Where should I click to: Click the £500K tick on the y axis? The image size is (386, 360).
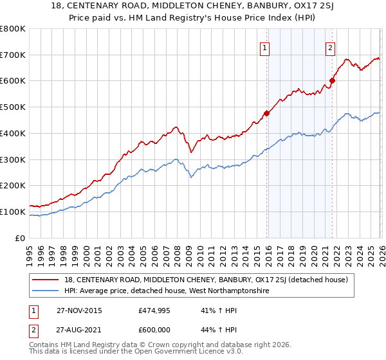[x=13, y=107]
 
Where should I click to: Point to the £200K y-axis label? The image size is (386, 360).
[x=13, y=185]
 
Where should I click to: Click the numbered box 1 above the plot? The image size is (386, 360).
[x=266, y=47]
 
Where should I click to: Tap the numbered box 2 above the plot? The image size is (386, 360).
[x=330, y=47]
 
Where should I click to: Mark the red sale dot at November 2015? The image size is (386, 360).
[x=266, y=113]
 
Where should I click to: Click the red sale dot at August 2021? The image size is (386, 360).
[x=332, y=80]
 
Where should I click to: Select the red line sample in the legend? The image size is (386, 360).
[x=46, y=280]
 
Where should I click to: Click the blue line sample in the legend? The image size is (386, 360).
[x=46, y=291]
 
